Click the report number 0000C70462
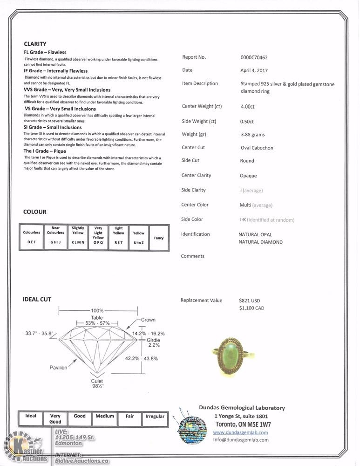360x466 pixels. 254,58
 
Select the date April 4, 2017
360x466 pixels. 251,70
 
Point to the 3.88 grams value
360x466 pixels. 252,135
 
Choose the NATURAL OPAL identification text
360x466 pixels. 255,235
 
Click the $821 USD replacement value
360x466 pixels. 249,301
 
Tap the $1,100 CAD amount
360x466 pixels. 251,308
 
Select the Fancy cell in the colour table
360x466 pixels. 159,238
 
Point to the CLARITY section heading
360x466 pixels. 35,44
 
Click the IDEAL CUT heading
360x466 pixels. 37,299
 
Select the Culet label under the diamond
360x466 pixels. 97,381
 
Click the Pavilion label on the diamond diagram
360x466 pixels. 59,368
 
